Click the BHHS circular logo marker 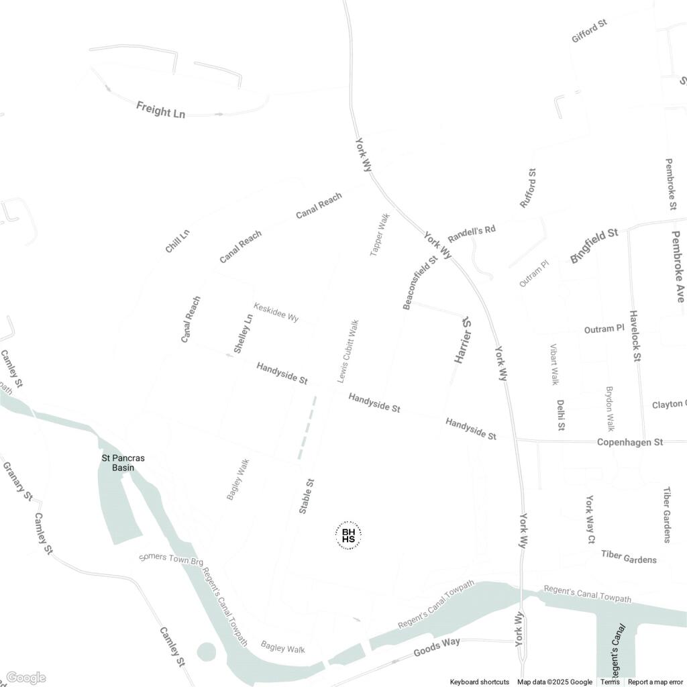[348, 535]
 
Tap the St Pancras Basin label [123, 463]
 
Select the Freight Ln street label [160, 109]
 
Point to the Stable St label [307, 496]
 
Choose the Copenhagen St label [629, 442]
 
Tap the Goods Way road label [437, 647]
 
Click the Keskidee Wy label [276, 312]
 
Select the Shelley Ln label [244, 333]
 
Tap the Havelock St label [635, 336]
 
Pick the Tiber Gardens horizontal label [629, 557]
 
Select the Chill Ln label [177, 242]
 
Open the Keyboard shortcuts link [479, 682]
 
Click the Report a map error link [657, 682]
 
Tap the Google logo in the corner [25, 678]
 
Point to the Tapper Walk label [380, 234]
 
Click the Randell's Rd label [471, 234]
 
